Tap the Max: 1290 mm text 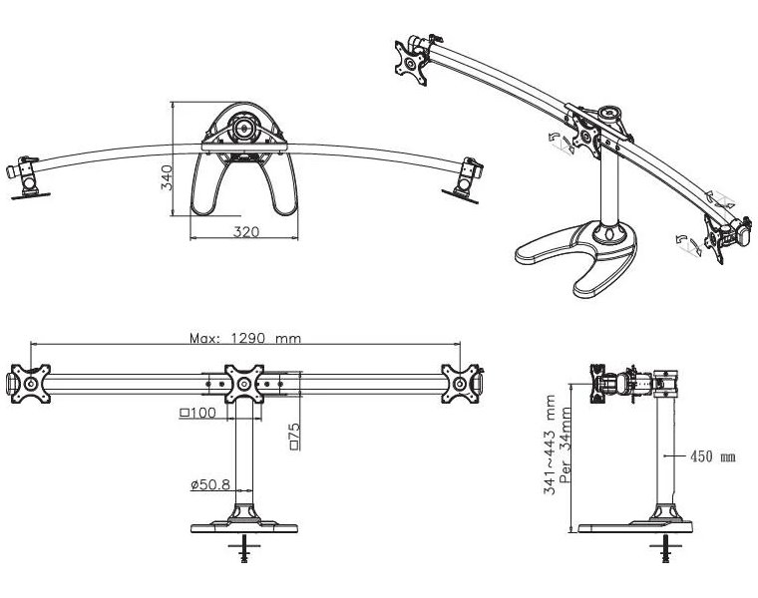245,337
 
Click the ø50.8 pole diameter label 208,485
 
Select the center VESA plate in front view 243,384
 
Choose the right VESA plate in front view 460,383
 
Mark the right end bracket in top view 464,176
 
